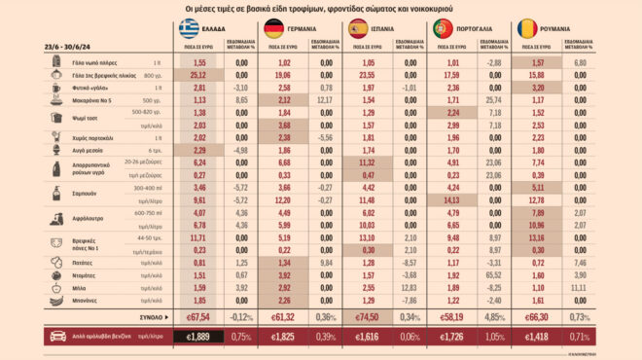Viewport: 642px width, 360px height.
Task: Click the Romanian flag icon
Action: (527, 27)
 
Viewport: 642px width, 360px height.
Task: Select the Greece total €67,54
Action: (199, 315)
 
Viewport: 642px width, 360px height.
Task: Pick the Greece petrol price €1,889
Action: (199, 337)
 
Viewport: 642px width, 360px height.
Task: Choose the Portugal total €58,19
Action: (452, 315)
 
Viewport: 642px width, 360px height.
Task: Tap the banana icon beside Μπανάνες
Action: (57, 301)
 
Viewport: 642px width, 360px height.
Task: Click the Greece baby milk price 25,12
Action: (200, 74)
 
